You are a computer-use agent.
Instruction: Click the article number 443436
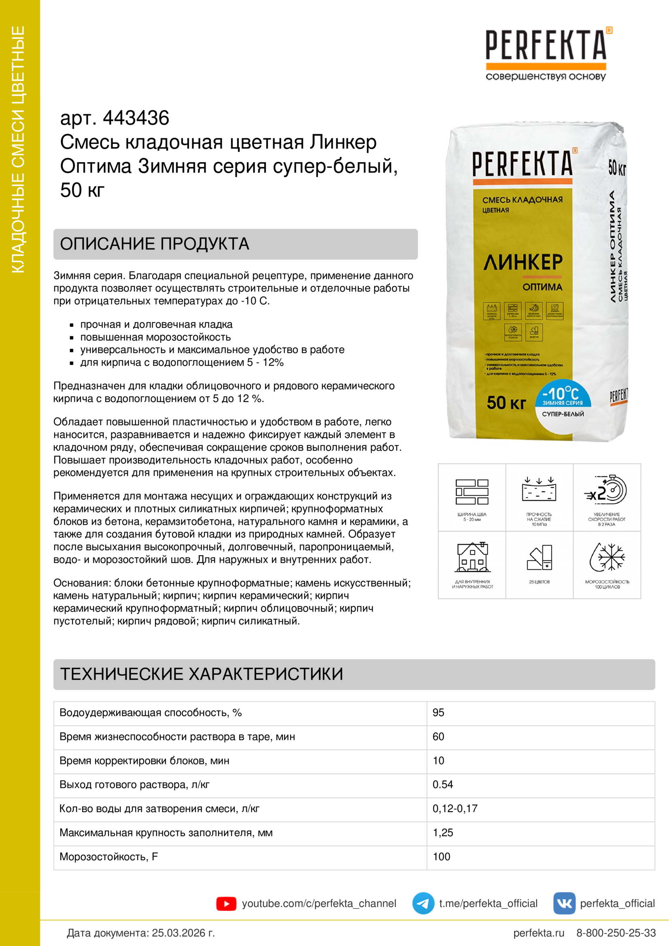[136, 118]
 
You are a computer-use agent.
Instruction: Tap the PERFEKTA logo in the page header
[546, 45]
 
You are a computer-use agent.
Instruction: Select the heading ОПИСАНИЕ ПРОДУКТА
[155, 244]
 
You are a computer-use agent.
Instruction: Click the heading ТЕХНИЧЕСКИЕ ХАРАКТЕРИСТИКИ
[202, 675]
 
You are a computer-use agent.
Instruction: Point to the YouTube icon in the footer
[226, 904]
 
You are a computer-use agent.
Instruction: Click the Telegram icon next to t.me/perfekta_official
[423, 904]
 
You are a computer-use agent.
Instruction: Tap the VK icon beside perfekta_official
[564, 904]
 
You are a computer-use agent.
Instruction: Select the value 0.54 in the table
[442, 785]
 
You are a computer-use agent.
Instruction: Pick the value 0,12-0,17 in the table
[454, 808]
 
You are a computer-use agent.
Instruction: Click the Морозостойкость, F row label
[108, 857]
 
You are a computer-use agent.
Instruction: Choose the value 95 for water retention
[438, 713]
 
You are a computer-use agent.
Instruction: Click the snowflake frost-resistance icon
[607, 557]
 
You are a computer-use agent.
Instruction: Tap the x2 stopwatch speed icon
[606, 490]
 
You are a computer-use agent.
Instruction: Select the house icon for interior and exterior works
[472, 557]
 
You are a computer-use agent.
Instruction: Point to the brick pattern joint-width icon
[472, 491]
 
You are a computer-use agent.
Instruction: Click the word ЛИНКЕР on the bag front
[522, 263]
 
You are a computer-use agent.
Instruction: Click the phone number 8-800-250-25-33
[616, 933]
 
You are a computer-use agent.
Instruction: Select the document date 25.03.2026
[183, 933]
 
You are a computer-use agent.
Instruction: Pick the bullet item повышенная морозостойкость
[155, 337]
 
